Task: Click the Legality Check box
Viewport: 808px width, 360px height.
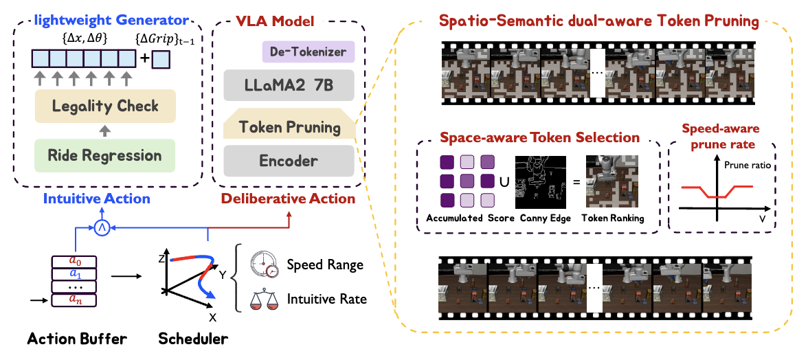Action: pyautogui.click(x=106, y=106)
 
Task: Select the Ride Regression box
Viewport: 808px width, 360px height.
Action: pyautogui.click(x=106, y=155)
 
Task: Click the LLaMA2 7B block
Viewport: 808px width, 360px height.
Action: pyautogui.click(x=289, y=87)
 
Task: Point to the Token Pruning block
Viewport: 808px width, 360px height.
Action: pyautogui.click(x=289, y=127)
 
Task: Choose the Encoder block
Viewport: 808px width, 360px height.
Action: pyautogui.click(x=289, y=161)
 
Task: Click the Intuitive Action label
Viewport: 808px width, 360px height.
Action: pyautogui.click(x=96, y=199)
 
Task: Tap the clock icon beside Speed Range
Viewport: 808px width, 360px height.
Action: pyautogui.click(x=264, y=265)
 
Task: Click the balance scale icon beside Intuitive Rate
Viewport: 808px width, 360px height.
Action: pyautogui.click(x=263, y=299)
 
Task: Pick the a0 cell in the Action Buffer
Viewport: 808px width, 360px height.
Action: pyautogui.click(x=74, y=262)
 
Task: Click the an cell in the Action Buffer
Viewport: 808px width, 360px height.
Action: pyautogui.click(x=74, y=300)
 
